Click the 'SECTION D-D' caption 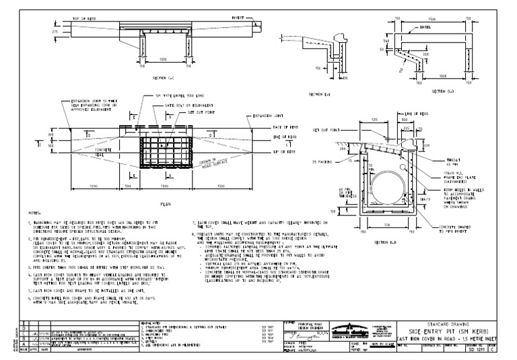point(424,89)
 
